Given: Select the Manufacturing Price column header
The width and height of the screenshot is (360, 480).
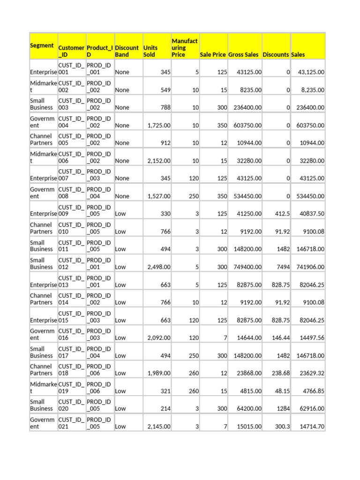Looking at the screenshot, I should (x=185, y=48).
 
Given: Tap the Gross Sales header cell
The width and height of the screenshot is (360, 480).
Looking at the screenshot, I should (x=243, y=54).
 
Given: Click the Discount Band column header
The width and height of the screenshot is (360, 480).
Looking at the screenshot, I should (x=127, y=51).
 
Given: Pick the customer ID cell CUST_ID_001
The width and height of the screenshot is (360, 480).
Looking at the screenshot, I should (x=71, y=69).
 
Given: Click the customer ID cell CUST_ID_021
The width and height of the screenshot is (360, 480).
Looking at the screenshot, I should (x=71, y=423).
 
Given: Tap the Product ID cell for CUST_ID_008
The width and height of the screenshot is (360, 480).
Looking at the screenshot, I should (x=99, y=193).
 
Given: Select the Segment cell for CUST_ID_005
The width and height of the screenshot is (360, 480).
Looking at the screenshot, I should (x=43, y=140).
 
